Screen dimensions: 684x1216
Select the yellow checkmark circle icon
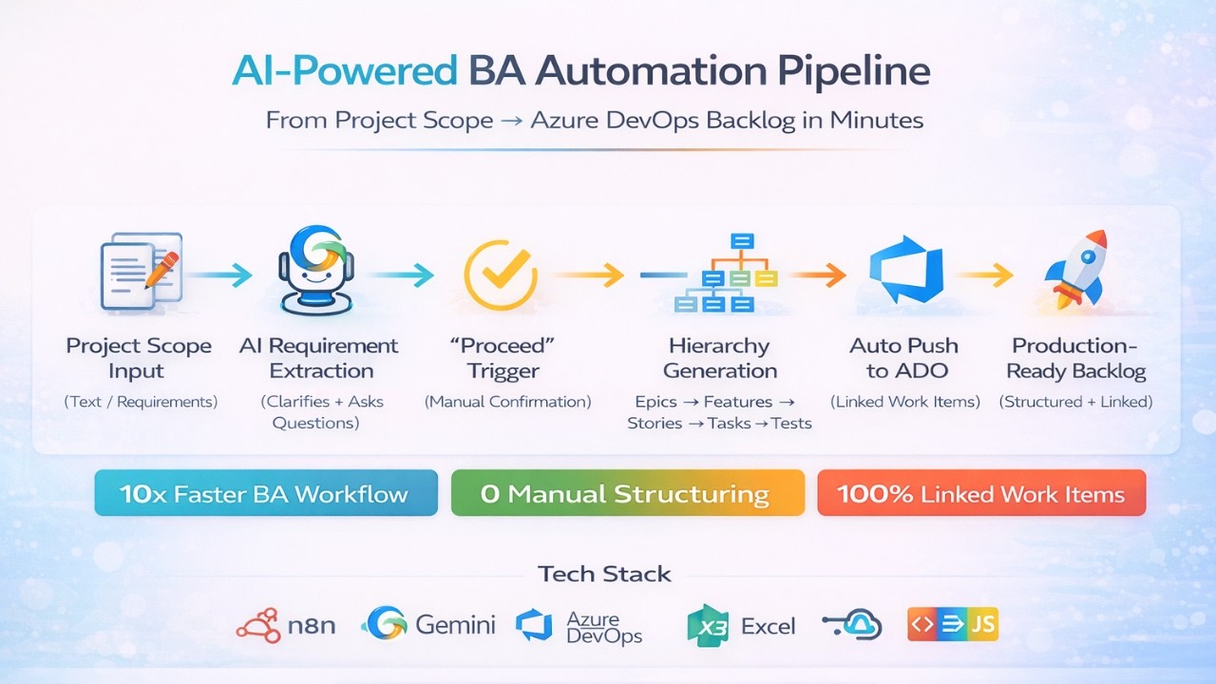click(500, 275)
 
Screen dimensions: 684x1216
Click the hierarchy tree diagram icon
click(726, 274)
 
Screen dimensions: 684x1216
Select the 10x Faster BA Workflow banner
click(266, 494)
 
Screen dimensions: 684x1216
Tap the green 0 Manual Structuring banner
click(627, 494)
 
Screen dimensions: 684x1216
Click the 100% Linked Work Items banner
click(981, 494)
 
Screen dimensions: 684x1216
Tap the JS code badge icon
click(953, 624)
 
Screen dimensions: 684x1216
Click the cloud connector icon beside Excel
click(852, 624)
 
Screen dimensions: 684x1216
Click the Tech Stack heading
click(604, 574)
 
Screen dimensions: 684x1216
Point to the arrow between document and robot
click(220, 275)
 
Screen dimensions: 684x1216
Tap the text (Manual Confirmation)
click(508, 402)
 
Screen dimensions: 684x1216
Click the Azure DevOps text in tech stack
click(604, 628)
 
